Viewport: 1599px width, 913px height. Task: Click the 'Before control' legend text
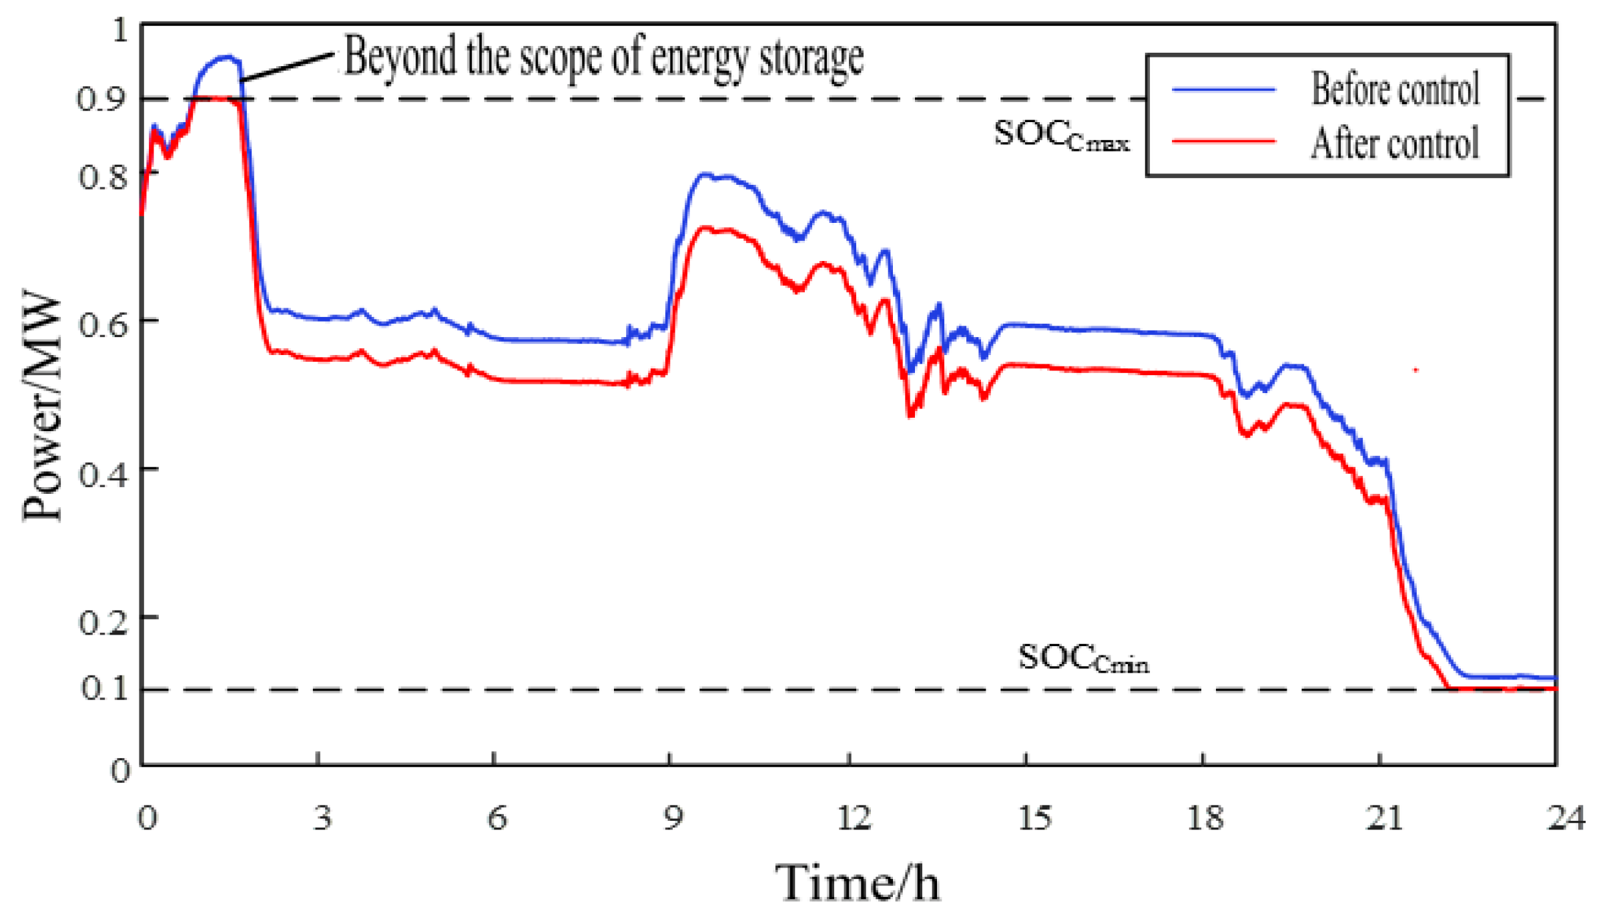(1395, 89)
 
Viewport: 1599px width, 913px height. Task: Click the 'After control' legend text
(1395, 143)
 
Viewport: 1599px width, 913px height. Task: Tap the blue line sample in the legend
(1223, 89)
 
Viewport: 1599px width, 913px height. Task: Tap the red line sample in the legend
(1223, 141)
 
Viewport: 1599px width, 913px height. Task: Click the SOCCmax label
(1061, 135)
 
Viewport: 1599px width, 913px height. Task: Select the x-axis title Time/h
(858, 882)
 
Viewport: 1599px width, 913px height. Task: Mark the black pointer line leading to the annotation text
(287, 67)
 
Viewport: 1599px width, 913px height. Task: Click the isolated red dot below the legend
(1415, 369)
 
